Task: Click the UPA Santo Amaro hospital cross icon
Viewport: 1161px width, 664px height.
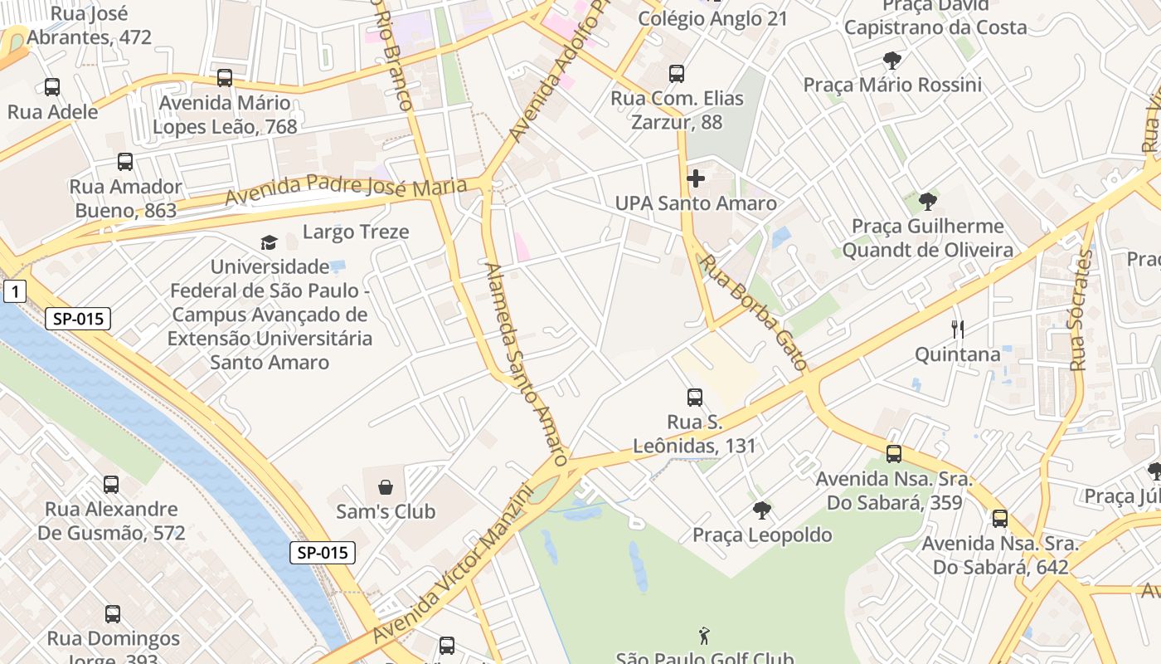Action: click(696, 178)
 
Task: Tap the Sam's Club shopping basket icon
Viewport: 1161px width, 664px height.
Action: click(385, 486)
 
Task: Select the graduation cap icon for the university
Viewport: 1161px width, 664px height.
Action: click(269, 242)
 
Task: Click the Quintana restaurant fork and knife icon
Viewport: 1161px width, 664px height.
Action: click(958, 330)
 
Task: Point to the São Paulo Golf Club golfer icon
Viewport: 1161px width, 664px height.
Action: click(704, 636)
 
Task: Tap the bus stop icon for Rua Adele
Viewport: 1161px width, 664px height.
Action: click(52, 86)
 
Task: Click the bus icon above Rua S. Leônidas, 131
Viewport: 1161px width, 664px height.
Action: click(695, 398)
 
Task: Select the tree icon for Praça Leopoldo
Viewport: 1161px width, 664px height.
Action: click(761, 510)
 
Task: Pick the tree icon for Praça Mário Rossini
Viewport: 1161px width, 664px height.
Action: click(892, 60)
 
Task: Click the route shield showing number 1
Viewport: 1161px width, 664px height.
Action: click(15, 291)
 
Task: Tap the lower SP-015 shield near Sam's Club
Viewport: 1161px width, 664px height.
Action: click(323, 553)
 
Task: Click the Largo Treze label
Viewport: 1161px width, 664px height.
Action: click(356, 232)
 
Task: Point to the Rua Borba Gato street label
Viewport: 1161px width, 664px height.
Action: click(754, 311)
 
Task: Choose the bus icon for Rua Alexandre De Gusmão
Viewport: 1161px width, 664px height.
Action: click(111, 484)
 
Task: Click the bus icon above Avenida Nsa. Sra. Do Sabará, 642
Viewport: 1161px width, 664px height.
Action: click(999, 519)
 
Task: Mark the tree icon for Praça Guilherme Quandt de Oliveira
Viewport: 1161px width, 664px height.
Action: click(927, 201)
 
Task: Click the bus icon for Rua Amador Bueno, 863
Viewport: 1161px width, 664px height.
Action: click(125, 162)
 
